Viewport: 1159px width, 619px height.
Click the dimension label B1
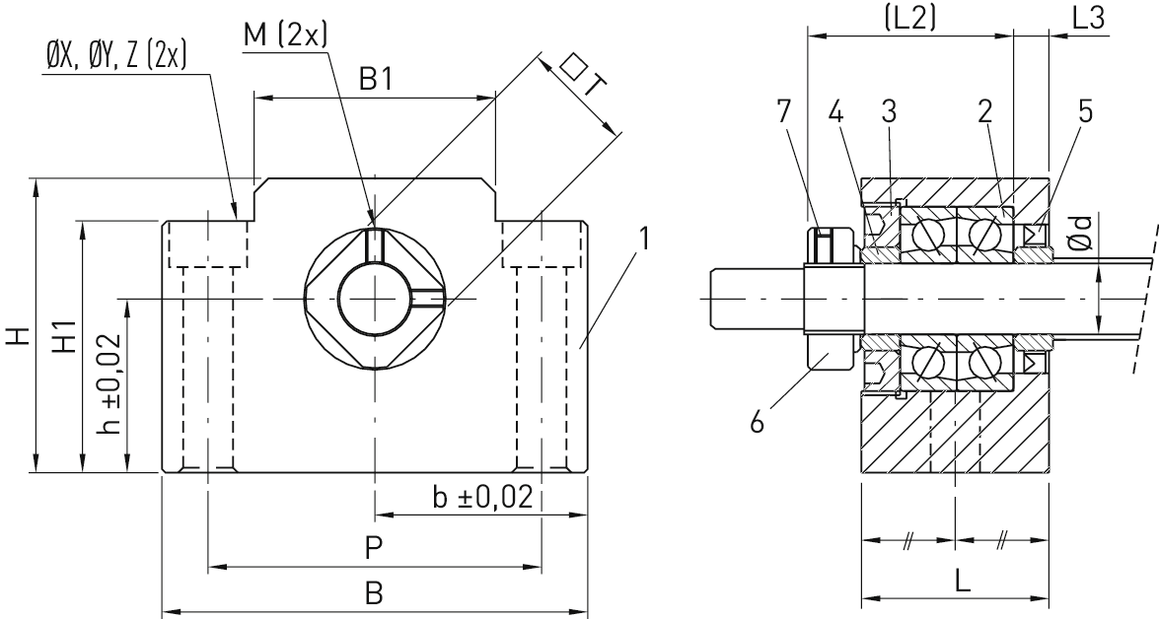pos(376,79)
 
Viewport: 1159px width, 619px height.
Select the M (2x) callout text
pos(285,34)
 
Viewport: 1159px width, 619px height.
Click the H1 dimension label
pos(66,336)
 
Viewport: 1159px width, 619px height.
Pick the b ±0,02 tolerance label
pos(482,497)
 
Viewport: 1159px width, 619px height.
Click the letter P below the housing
pos(374,548)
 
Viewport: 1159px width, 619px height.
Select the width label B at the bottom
pos(375,592)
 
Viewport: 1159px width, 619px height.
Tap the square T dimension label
pos(584,78)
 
